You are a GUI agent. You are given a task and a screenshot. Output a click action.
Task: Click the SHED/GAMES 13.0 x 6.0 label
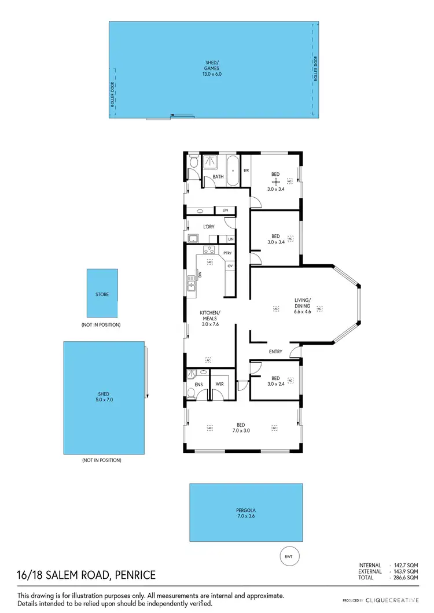coord(212,71)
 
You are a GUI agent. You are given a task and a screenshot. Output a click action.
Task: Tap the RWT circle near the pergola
coord(288,556)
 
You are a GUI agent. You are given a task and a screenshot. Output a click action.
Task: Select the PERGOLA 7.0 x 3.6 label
coord(245,513)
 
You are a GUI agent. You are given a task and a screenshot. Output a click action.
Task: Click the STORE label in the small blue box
coord(102,294)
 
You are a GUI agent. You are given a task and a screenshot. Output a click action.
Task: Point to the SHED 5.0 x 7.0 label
coord(104,397)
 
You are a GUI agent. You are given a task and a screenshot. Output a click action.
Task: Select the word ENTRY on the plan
coord(275,352)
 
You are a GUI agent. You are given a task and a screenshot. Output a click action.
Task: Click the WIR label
coord(220,384)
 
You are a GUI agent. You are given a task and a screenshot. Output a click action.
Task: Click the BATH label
coord(218,176)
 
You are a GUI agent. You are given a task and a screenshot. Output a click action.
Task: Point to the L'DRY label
coord(208,227)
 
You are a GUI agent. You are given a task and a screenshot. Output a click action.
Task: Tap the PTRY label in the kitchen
coord(228,253)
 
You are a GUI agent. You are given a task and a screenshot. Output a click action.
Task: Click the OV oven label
coord(230,265)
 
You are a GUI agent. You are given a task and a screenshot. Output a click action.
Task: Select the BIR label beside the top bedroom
coord(246,170)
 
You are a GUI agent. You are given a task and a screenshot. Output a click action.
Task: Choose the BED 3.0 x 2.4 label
coord(275,382)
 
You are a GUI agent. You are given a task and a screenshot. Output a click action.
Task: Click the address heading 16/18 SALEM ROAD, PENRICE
coord(86,575)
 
